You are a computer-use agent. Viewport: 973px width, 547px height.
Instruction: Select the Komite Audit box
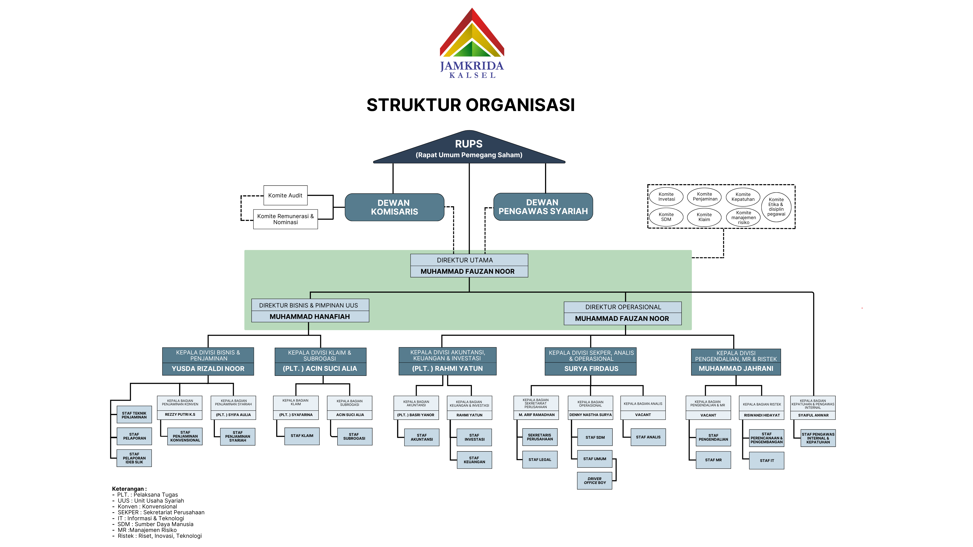[x=285, y=195]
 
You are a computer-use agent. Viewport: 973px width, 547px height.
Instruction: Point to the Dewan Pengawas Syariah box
[x=543, y=207]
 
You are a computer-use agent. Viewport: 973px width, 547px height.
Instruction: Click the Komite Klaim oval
[x=704, y=217]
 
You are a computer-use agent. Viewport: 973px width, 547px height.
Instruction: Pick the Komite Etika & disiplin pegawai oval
[x=776, y=207]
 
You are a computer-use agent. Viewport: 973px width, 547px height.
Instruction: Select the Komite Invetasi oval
[x=666, y=197]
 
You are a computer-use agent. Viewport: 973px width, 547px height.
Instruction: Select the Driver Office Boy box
[x=595, y=481]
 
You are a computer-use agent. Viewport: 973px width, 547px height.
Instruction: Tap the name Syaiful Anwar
[x=813, y=415]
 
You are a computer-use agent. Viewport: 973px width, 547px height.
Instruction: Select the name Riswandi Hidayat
[x=762, y=415]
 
